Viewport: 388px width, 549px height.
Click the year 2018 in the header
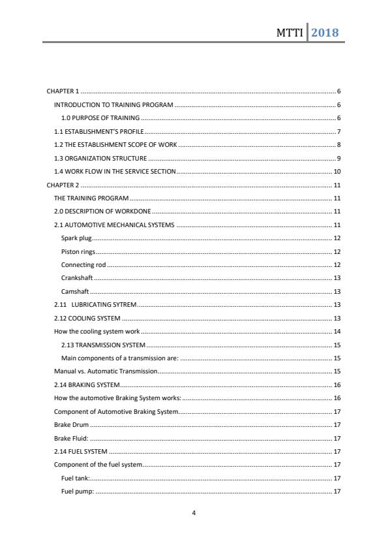click(325, 32)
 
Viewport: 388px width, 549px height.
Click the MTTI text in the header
click(290, 33)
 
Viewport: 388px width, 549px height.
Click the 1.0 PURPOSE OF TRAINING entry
click(100, 118)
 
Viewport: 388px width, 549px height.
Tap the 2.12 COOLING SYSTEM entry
click(87, 319)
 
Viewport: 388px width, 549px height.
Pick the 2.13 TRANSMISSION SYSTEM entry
click(103, 345)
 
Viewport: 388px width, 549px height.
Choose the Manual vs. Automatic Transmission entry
click(106, 371)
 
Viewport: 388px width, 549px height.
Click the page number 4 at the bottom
click(194, 513)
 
